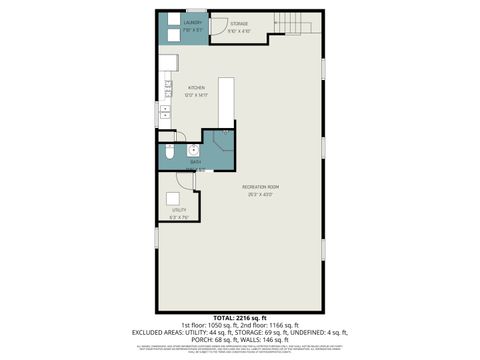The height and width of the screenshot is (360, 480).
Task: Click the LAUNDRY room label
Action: tap(193, 22)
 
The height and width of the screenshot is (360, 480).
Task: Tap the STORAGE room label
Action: tap(238, 22)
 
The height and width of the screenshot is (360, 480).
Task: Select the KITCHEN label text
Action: tap(196, 88)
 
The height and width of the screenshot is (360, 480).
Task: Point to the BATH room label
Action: tap(196, 161)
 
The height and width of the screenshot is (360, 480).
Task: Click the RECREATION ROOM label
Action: tap(260, 187)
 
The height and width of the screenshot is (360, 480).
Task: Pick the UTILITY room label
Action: tap(179, 210)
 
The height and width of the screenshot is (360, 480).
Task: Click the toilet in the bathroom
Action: tap(167, 155)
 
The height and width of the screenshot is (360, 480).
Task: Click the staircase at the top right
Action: tap(289, 24)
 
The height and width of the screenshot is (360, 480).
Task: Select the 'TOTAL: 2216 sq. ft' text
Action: tap(240, 318)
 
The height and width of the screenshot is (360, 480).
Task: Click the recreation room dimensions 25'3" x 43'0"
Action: tap(260, 194)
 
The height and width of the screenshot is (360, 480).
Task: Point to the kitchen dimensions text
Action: tap(196, 95)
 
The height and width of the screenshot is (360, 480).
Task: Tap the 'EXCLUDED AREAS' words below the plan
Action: tap(159, 332)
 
